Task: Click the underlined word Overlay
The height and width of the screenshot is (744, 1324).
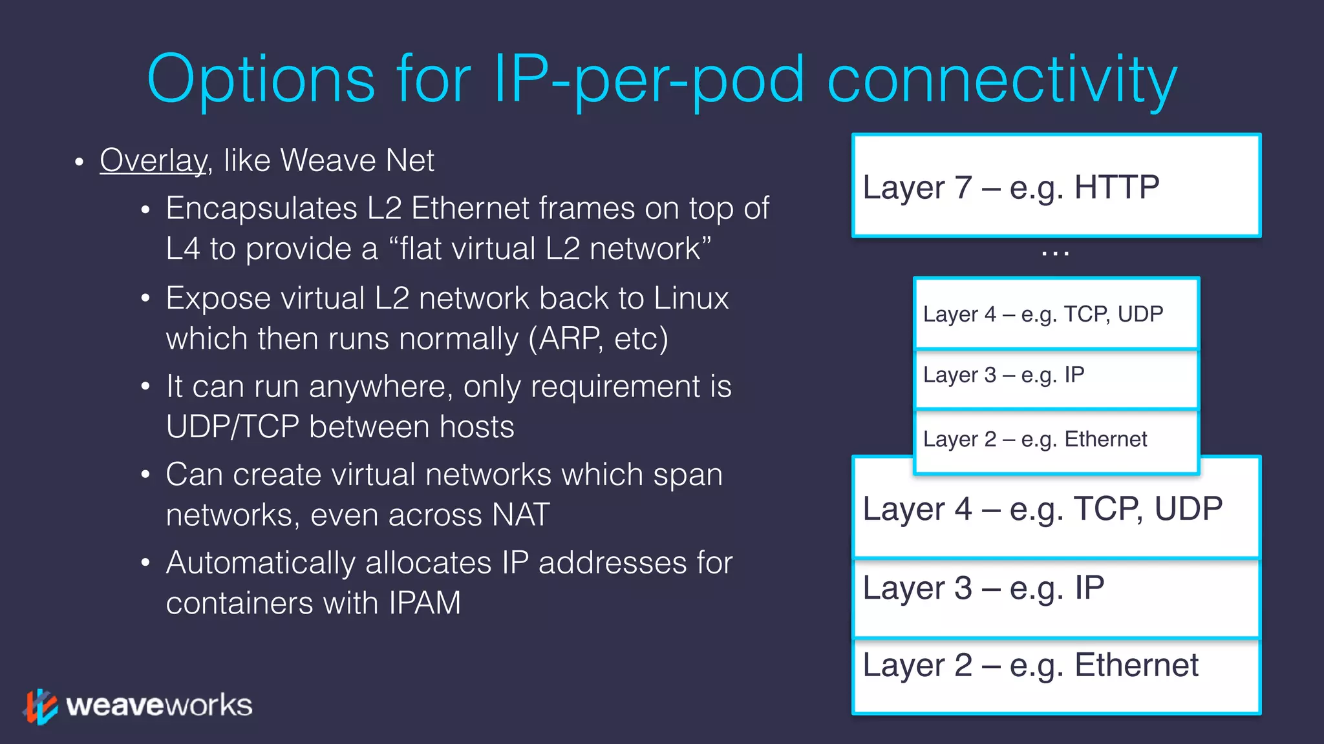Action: pos(153,161)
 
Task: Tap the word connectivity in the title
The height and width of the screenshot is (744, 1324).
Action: pos(1001,80)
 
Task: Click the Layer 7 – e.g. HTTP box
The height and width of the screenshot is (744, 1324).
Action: pos(1056,186)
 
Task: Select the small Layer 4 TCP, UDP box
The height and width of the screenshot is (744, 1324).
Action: pos(1056,314)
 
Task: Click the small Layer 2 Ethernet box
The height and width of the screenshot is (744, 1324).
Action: pos(1056,440)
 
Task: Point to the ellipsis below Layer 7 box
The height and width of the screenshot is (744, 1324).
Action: pos(1055,254)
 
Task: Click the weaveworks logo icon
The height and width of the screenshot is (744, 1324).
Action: pos(41,707)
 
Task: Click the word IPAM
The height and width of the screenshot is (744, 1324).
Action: pos(425,603)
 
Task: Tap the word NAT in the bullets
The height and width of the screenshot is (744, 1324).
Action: pos(520,515)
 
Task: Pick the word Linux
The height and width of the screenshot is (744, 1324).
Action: pos(690,298)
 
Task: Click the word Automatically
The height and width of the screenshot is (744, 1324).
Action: pos(261,563)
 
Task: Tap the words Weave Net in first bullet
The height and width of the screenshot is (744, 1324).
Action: pos(357,161)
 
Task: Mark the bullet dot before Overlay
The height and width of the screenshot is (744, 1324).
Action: pos(79,162)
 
